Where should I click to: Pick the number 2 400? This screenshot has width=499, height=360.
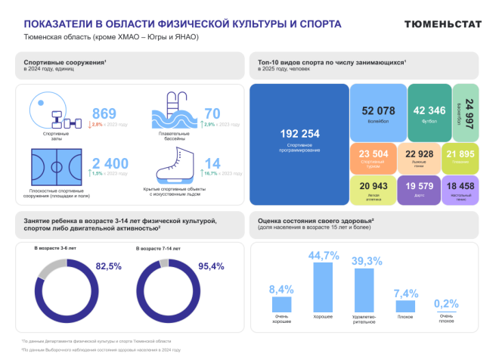[x=110, y=163]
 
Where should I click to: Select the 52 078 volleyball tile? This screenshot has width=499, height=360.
[x=379, y=111]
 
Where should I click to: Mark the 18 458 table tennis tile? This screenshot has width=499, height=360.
[x=460, y=189]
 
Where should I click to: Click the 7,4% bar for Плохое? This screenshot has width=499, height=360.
[x=405, y=304]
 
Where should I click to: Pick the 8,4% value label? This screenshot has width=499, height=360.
[x=281, y=290]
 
